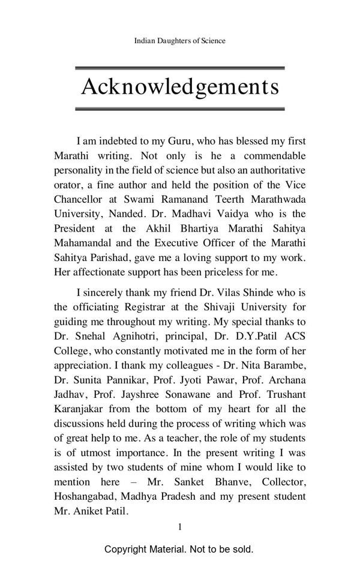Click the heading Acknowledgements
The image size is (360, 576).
(x=180, y=87)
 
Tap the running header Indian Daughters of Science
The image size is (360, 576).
(x=180, y=41)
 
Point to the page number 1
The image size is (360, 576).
(x=179, y=527)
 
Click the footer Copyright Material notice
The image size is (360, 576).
(x=179, y=549)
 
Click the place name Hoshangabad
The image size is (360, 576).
(x=80, y=497)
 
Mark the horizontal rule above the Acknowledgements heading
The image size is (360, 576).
(x=180, y=68)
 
